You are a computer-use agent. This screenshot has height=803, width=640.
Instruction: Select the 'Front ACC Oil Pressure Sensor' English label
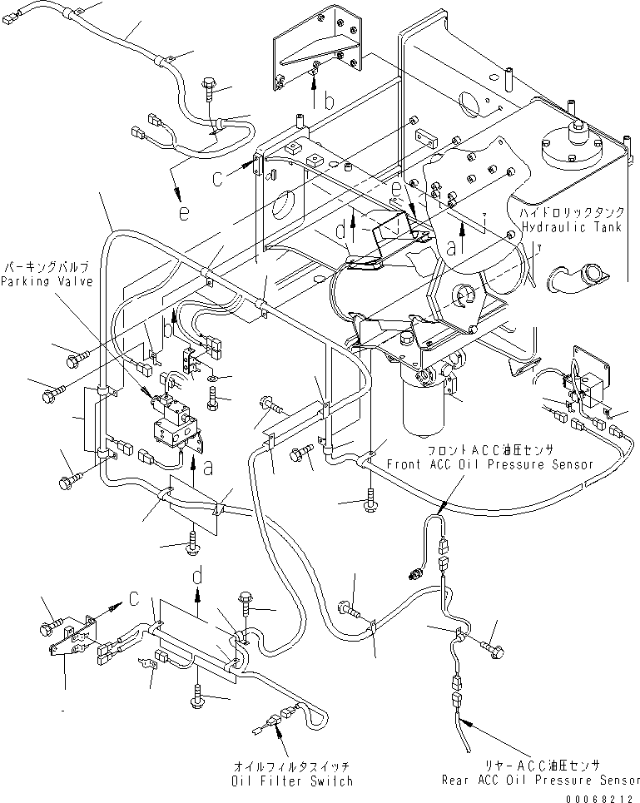pyautogui.click(x=489, y=464)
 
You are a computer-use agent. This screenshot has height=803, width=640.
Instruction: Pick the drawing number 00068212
pyautogui.click(x=604, y=796)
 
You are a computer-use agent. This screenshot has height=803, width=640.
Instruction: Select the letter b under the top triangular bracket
pyautogui.click(x=330, y=102)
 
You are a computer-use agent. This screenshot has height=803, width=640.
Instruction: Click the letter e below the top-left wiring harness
pyautogui.click(x=183, y=213)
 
